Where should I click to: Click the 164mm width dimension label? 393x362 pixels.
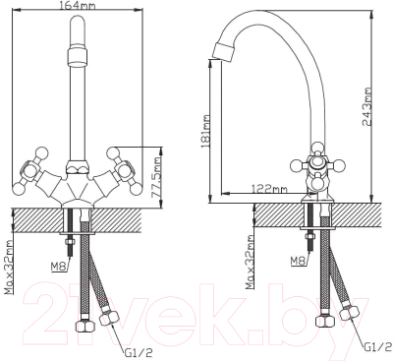click(78, 6)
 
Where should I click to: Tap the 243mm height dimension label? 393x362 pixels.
click(367, 106)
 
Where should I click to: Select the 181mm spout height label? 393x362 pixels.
click(206, 131)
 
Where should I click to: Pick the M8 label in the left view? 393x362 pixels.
click(58, 268)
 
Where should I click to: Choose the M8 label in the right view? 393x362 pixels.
click(298, 261)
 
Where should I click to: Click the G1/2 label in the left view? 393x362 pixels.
click(139, 353)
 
